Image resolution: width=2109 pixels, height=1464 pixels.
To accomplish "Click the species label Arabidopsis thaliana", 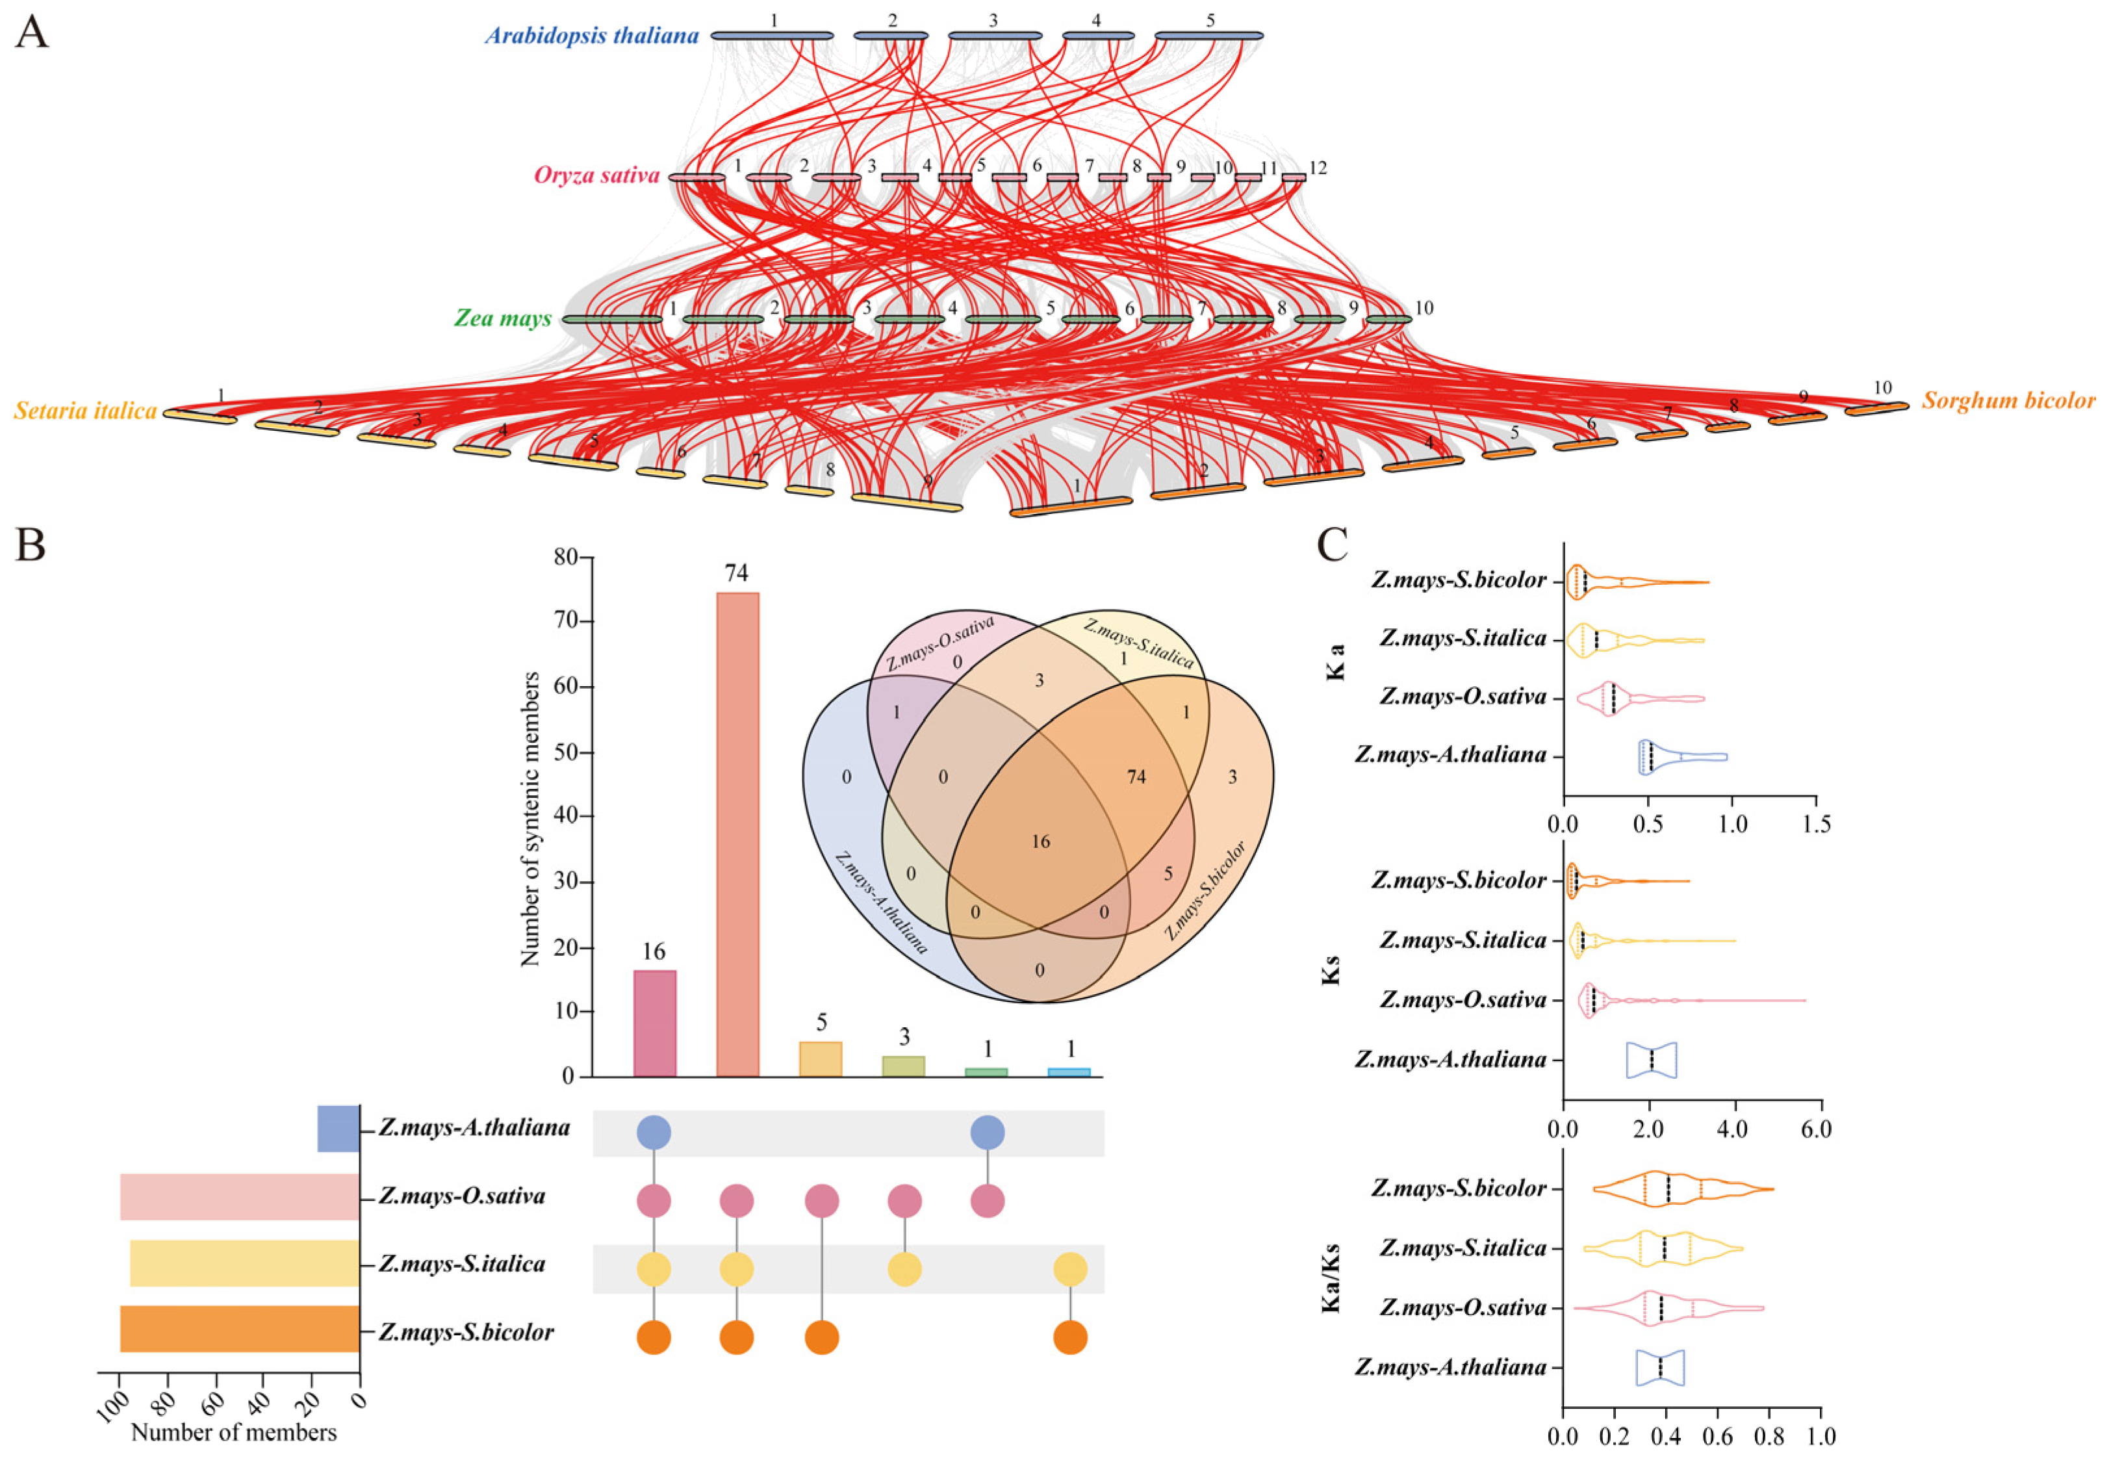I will click(x=591, y=36).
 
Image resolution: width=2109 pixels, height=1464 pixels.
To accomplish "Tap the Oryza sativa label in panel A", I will click(x=597, y=175).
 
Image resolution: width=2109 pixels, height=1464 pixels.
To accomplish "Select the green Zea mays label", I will click(x=502, y=318).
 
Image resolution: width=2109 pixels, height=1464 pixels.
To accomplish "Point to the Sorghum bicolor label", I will click(x=2008, y=401).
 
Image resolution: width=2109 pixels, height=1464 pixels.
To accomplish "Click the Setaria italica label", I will click(x=85, y=411).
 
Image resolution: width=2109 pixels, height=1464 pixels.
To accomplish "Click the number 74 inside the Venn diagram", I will click(x=1136, y=777).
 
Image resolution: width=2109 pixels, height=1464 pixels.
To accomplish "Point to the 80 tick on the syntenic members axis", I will click(x=566, y=558).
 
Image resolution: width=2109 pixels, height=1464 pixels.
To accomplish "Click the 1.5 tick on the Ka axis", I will click(x=1815, y=825).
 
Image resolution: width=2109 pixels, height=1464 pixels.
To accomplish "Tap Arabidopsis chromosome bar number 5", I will click(x=1208, y=36).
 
